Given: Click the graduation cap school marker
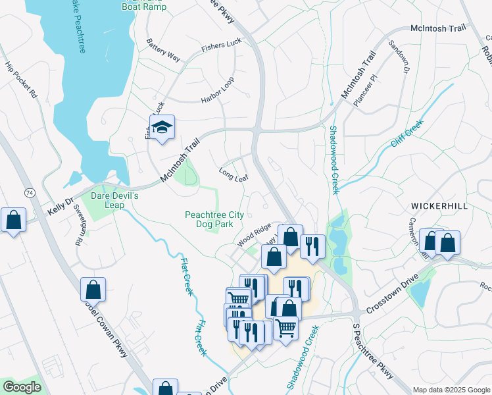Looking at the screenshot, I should [161, 128].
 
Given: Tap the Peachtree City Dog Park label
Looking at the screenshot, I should [214, 219].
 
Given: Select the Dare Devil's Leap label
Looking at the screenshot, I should [116, 200].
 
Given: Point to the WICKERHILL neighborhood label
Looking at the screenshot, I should [439, 206].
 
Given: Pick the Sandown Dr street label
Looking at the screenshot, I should [399, 57].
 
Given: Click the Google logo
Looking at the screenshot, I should [22, 387].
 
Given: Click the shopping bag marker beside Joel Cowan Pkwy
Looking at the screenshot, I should [93, 289].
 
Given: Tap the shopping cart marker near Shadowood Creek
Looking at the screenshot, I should [285, 327].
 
